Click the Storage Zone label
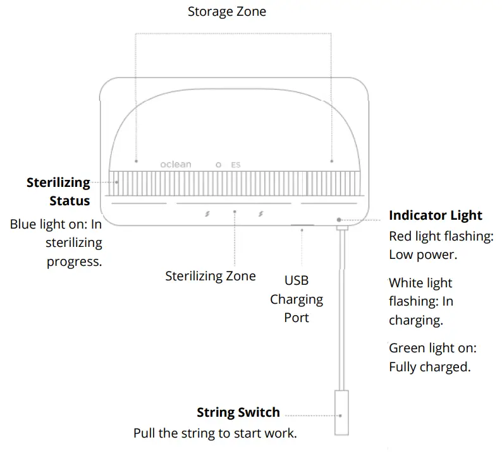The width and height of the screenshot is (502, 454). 227,12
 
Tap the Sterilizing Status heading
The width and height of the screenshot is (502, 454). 58,192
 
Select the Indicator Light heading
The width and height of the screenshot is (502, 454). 435,215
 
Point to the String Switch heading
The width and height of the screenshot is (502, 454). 238,413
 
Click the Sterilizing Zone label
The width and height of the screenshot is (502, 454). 210,276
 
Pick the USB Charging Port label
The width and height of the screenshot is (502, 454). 297,299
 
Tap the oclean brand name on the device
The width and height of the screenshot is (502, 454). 175,165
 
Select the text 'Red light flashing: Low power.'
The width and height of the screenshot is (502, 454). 441,246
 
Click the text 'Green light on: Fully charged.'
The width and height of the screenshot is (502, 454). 432,357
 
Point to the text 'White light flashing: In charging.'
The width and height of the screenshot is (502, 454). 421,302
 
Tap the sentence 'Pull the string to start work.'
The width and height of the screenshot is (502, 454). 215,434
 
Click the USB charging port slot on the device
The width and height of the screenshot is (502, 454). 302,224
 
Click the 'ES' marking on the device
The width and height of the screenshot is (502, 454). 235,165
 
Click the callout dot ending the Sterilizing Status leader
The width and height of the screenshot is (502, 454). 117,182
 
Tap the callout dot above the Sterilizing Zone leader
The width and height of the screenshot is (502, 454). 235,212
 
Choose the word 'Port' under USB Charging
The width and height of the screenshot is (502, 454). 297,318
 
